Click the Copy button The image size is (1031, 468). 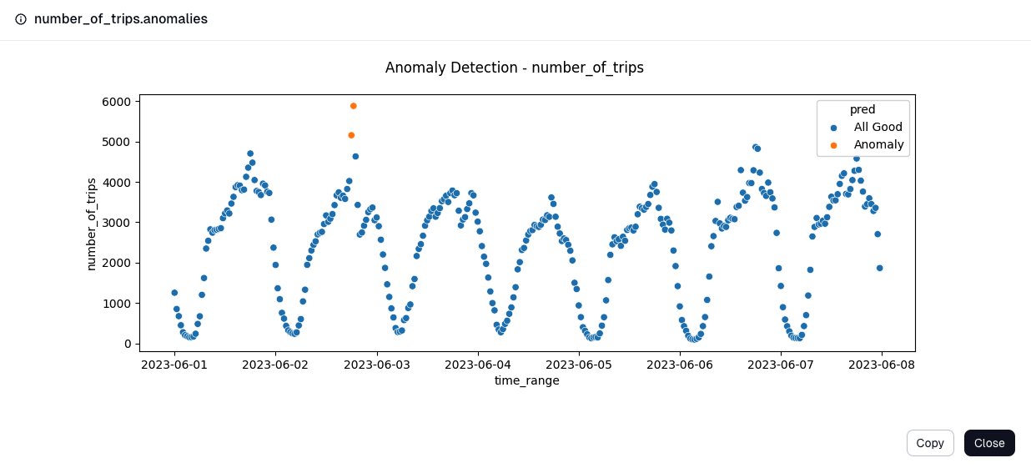929,443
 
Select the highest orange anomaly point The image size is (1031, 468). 353,106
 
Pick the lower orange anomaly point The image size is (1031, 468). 351,135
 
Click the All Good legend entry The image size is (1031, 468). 878,127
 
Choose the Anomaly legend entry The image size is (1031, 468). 878,144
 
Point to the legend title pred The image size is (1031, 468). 862,109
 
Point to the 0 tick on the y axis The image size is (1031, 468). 128,344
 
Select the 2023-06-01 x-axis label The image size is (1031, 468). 174,365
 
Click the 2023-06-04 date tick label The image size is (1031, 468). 478,365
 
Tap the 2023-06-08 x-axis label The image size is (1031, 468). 882,365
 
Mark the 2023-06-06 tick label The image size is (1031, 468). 680,365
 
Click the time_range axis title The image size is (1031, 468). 526,380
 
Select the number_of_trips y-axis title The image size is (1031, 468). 92,224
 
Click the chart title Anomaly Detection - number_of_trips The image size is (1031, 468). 514,68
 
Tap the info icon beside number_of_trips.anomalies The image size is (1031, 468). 21,19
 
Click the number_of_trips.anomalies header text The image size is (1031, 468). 120,19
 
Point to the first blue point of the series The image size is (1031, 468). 174,293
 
